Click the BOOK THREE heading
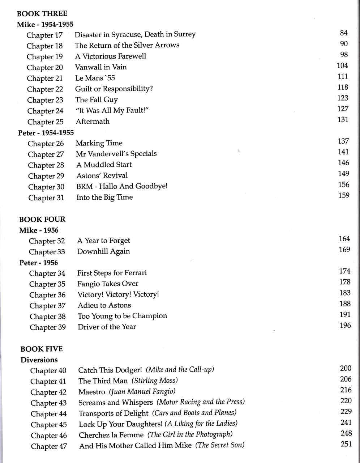click(x=42, y=14)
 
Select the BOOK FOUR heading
click(x=42, y=219)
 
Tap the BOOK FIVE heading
click(x=42, y=349)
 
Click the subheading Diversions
click(x=39, y=360)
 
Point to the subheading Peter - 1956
click(x=39, y=263)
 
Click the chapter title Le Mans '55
click(x=95, y=78)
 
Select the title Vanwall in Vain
click(x=101, y=67)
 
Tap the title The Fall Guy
click(x=97, y=100)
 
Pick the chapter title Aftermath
click(x=93, y=122)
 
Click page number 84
click(x=344, y=33)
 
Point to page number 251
click(x=346, y=444)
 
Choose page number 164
click(x=344, y=239)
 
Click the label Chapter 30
click(x=46, y=187)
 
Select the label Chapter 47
click(x=49, y=446)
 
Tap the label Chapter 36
click(x=47, y=295)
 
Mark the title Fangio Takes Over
click(x=108, y=284)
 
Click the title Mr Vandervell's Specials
click(x=116, y=154)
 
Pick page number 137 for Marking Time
click(x=343, y=141)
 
